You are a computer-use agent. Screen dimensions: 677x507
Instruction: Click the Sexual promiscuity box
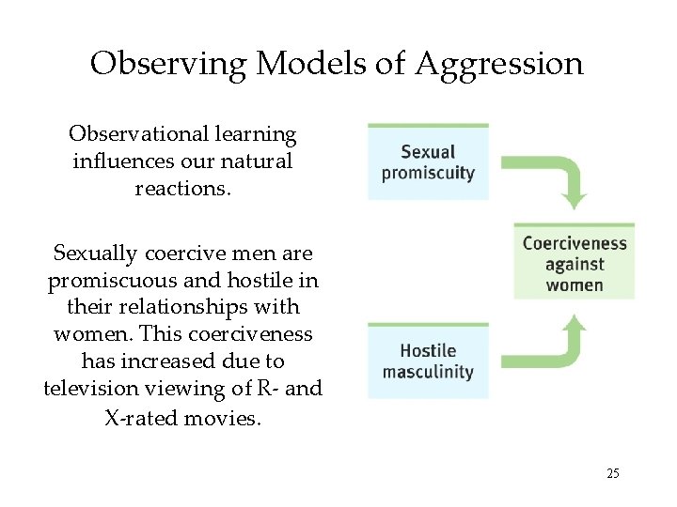pos(428,161)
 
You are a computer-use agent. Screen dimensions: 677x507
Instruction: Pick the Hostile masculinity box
pos(428,361)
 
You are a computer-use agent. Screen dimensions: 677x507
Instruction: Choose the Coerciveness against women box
pos(574,263)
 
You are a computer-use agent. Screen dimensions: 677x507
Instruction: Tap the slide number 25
pos(613,473)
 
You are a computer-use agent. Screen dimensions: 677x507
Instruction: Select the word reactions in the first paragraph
pos(182,188)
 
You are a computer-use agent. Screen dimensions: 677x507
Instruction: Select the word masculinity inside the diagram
pos(428,372)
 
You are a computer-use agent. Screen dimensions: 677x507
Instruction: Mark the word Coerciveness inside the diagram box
pos(574,244)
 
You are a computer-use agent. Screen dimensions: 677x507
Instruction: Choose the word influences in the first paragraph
pos(118,161)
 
